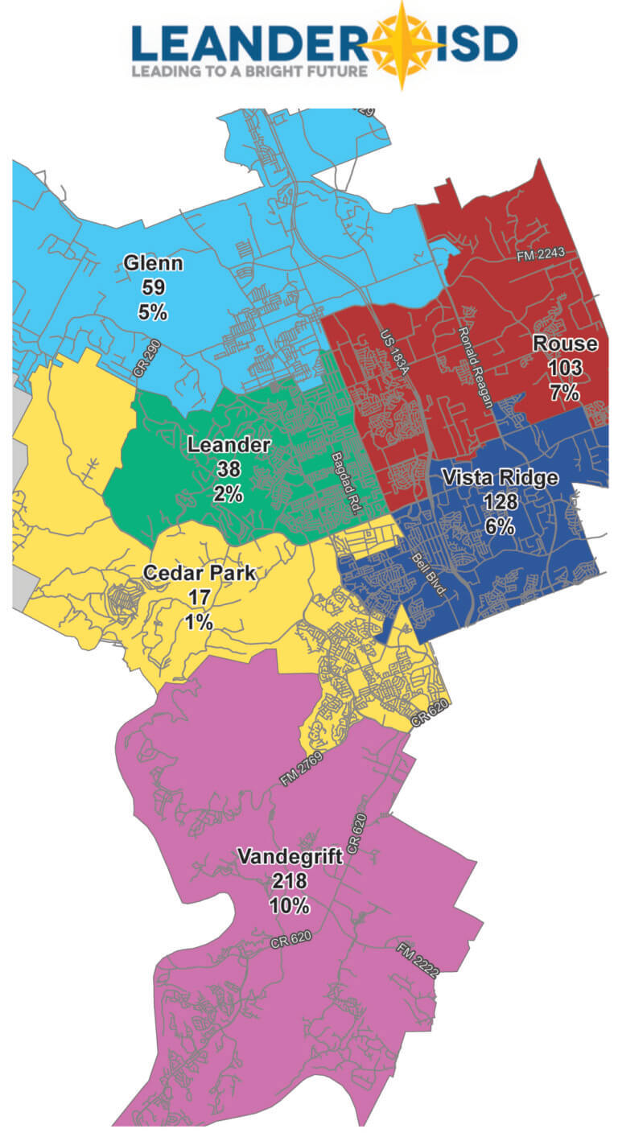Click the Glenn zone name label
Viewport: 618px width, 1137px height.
[x=153, y=263]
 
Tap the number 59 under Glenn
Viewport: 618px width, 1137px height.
[x=153, y=286]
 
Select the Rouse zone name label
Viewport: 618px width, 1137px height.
[x=565, y=344]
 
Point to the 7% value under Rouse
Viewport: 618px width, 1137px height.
[x=565, y=393]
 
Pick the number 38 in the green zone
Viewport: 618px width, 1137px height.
[x=229, y=469]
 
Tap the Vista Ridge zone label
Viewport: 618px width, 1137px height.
[x=500, y=478]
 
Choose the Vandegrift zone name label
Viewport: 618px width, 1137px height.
[x=290, y=857]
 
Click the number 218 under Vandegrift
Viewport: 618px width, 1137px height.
[x=290, y=881]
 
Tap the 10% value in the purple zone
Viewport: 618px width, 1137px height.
[x=290, y=905]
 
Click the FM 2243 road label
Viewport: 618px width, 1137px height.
[x=542, y=253]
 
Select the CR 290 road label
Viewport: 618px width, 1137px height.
[x=148, y=369]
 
